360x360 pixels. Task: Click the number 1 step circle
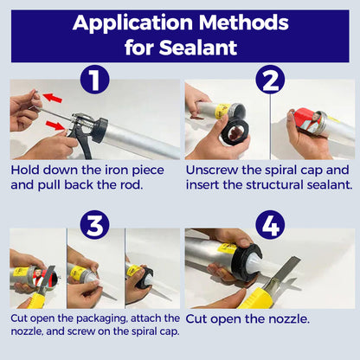(95, 81)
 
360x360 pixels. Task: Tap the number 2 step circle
(271, 81)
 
